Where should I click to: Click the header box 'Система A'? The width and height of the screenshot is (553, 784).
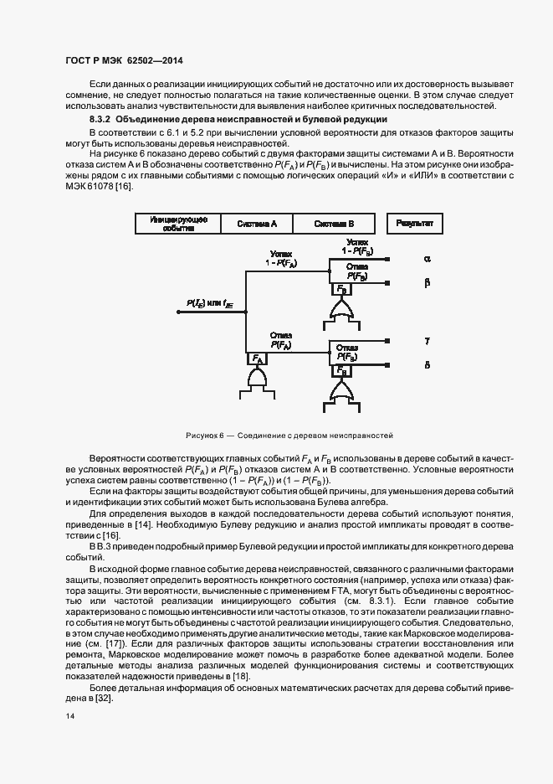click(x=257, y=224)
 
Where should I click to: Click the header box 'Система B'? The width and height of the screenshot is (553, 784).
click(x=334, y=224)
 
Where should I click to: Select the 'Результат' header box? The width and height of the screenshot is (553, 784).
click(x=414, y=224)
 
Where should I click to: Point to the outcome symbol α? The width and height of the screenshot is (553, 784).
click(x=427, y=259)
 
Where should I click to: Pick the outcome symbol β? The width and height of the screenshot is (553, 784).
click(x=427, y=282)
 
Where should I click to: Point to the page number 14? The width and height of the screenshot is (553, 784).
click(x=69, y=716)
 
